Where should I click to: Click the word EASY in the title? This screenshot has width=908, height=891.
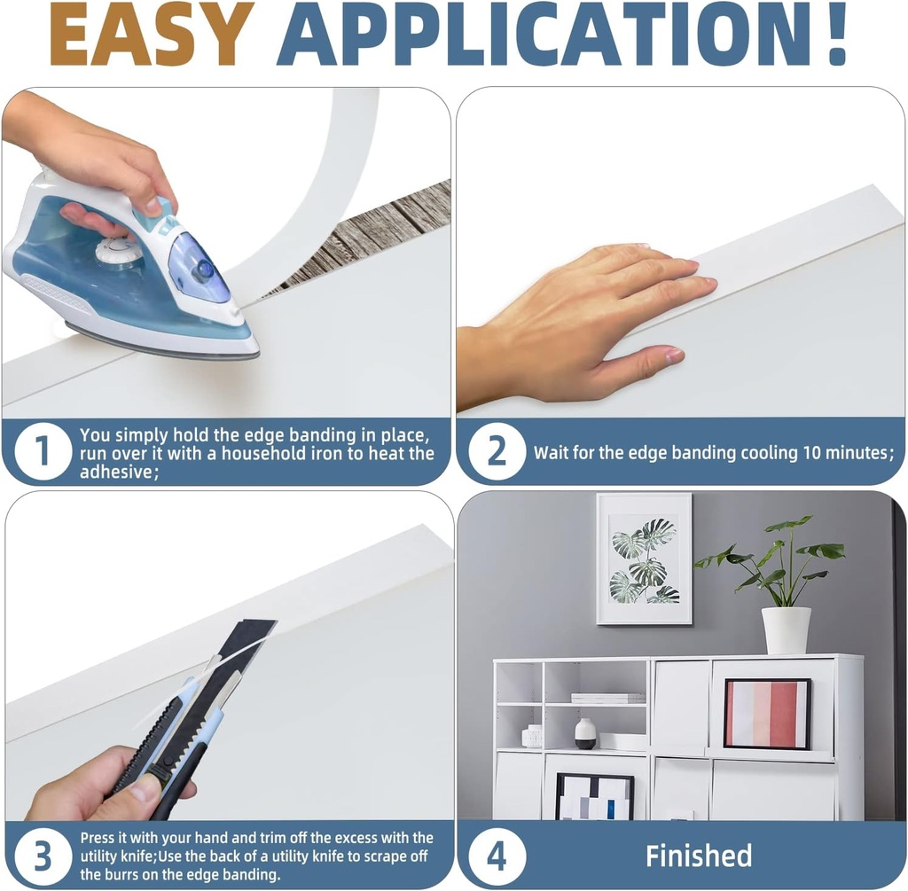click(x=152, y=34)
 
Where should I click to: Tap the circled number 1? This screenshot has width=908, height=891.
click(x=43, y=451)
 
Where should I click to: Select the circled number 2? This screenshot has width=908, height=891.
click(x=497, y=451)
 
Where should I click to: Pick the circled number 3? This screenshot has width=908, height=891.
click(x=43, y=856)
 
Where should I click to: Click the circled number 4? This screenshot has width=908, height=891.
click(x=497, y=856)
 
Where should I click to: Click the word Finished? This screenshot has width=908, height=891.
click(x=699, y=856)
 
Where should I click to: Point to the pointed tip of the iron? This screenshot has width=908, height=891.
click(x=254, y=352)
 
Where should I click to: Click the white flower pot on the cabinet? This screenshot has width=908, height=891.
click(x=786, y=629)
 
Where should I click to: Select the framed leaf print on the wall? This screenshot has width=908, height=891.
click(x=644, y=559)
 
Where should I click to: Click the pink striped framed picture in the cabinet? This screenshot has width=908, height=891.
click(x=767, y=714)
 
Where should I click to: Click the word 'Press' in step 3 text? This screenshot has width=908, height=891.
click(x=98, y=838)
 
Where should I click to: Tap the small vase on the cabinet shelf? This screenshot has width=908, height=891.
click(x=585, y=733)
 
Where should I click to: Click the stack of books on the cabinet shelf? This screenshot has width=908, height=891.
click(x=607, y=698)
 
